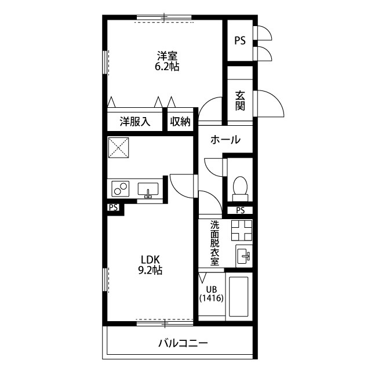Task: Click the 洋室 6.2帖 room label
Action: click(x=167, y=61)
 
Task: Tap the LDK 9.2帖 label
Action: click(x=150, y=265)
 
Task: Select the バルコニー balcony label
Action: click(x=183, y=343)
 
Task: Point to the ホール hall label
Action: click(x=225, y=140)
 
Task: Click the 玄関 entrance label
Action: click(x=240, y=101)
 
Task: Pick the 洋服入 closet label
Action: click(x=135, y=122)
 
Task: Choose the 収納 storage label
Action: click(x=180, y=122)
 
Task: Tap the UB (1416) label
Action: click(x=212, y=294)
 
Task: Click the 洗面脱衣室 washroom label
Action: click(x=215, y=243)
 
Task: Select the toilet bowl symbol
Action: click(x=240, y=188)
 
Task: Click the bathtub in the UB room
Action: click(x=238, y=297)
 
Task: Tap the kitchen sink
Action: click(x=148, y=190)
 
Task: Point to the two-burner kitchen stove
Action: click(x=121, y=188)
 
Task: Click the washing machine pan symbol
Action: click(x=242, y=230)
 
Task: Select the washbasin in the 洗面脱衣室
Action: click(x=243, y=256)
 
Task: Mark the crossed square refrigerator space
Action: click(x=118, y=148)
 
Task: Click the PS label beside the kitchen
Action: click(x=114, y=208)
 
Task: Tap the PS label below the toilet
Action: click(x=240, y=210)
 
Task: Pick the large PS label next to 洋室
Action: click(x=240, y=41)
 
